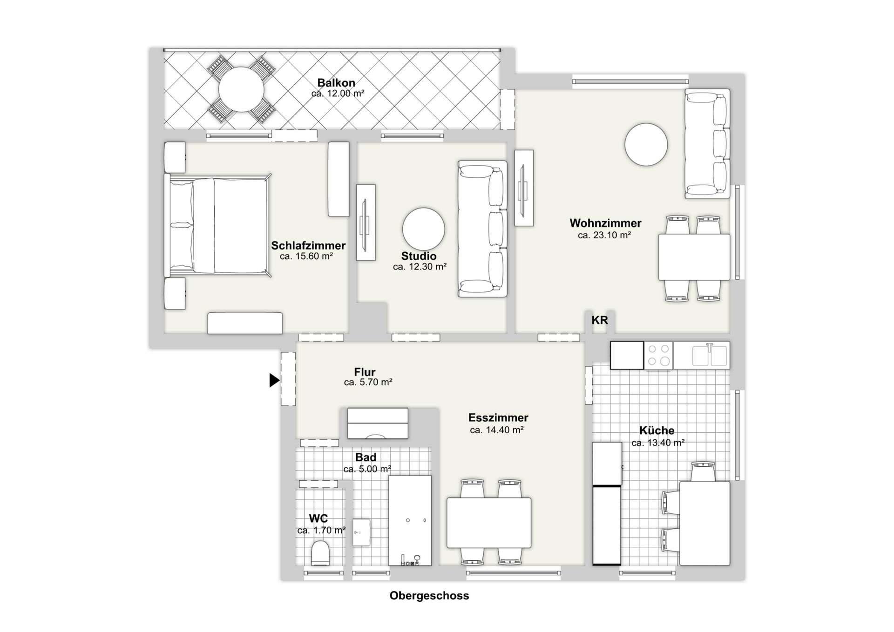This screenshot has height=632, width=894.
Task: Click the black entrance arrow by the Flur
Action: coord(274,380)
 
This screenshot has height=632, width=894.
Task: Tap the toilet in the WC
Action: coord(320,553)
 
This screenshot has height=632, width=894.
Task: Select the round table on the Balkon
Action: coord(241,89)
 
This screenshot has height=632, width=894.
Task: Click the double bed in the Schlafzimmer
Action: coord(217,226)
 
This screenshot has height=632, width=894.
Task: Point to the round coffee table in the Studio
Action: coord(423,229)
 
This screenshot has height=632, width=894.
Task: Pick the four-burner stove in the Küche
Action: coord(658,355)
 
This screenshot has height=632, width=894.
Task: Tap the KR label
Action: coord(600,320)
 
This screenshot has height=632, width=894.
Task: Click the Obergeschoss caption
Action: coord(429,596)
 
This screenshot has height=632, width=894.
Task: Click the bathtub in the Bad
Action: coord(410,520)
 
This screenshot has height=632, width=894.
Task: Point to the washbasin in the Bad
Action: coord(361,532)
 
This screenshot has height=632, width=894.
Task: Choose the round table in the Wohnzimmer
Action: coord(646,144)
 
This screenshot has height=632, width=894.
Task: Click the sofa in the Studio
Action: coord(482,229)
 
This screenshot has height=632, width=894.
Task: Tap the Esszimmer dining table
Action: coord(489,523)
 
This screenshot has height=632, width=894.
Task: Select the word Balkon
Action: coord(336,83)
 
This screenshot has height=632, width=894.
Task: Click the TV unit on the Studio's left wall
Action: coord(366,222)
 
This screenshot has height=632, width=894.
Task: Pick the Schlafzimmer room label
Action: coord(308,245)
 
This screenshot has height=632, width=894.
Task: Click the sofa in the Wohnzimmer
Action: coord(707,144)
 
